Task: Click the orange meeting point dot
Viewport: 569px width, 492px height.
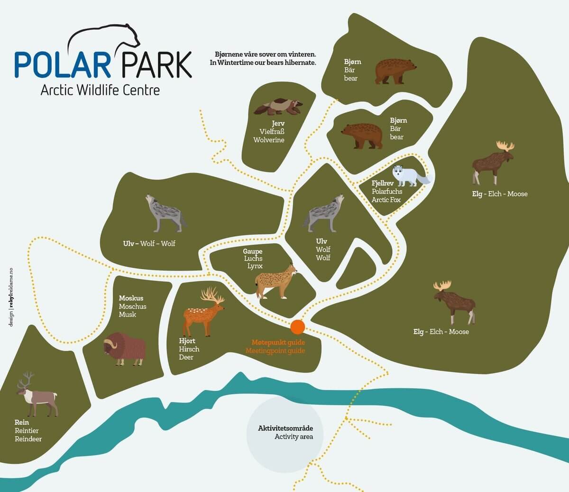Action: pos(297,327)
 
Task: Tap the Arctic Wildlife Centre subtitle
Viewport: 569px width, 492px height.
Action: pos(100,90)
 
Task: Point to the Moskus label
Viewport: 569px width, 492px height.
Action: pos(131,298)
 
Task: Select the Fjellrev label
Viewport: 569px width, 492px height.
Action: pos(383,183)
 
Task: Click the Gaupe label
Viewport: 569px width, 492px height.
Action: pos(253,251)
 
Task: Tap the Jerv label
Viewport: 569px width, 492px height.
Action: pos(278,123)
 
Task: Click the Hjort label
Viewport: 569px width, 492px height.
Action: pos(187,341)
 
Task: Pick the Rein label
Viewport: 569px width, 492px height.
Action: pos(22,422)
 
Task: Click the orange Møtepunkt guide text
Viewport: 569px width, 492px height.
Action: pos(278,342)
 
